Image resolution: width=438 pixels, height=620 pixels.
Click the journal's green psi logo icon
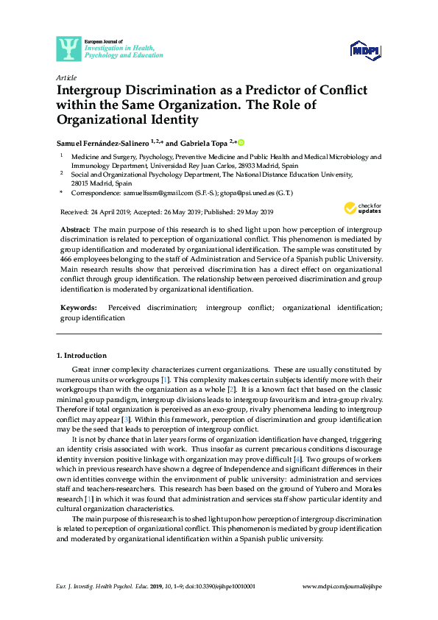[x=68, y=49]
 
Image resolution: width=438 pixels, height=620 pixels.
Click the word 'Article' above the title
[x=66, y=77]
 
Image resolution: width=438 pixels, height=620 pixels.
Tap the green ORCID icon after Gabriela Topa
[x=240, y=142]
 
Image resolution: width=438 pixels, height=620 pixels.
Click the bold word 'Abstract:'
[x=75, y=230]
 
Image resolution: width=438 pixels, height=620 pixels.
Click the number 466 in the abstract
[x=66, y=260]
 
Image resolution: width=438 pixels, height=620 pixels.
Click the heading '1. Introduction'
[x=82, y=356]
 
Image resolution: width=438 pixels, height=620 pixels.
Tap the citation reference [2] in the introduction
[x=230, y=388]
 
